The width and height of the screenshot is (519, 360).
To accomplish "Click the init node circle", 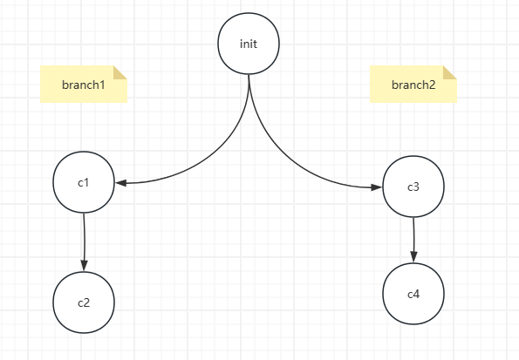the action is pos(249,44).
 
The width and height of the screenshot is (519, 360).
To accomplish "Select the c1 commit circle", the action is pos(84,182).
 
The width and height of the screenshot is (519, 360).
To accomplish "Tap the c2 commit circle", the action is pos(84,302).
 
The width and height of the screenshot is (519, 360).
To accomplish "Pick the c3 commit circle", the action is pos(413,187).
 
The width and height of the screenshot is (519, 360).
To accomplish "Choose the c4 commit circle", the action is pos(413,294).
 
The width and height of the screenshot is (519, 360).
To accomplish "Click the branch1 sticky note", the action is pos(84,84).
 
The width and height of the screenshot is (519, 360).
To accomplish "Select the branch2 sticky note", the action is pos(413,84).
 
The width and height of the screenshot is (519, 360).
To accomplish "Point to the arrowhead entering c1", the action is pos(121,183).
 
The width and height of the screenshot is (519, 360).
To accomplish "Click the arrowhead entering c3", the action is pos(377,187).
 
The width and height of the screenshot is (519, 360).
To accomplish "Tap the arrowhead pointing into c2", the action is pos(84,265).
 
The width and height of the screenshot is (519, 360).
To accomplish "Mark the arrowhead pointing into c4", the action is pos(413,257).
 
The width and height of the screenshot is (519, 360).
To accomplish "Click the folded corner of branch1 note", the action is pos(120,73).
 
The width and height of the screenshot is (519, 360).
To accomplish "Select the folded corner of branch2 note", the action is pos(449,73).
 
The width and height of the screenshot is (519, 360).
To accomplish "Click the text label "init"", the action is pos(249,44).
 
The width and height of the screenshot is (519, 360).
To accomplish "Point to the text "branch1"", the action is pos(84,85).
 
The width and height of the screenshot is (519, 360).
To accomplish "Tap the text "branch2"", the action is pos(413,85).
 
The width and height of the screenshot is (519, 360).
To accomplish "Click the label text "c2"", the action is pos(84,302).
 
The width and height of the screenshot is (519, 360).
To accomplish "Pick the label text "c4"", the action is pos(413,294).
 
